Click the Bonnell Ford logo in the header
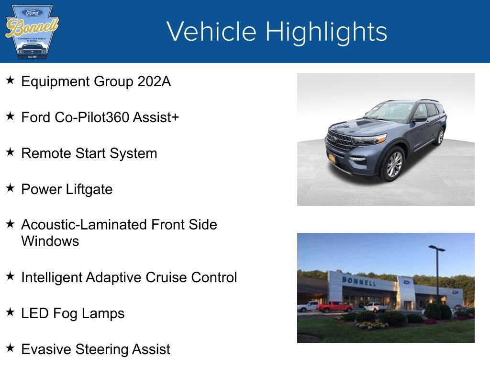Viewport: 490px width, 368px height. click(32, 32)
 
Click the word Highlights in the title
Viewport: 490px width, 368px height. click(326, 32)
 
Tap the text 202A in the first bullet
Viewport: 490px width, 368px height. click(154, 81)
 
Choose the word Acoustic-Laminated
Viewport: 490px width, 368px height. click(84, 224)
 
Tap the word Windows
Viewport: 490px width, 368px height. click(50, 241)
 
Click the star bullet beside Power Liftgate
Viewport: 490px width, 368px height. click(10, 188)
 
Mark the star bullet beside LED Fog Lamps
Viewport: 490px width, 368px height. click(10, 312)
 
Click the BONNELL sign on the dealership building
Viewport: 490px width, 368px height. click(358, 281)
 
